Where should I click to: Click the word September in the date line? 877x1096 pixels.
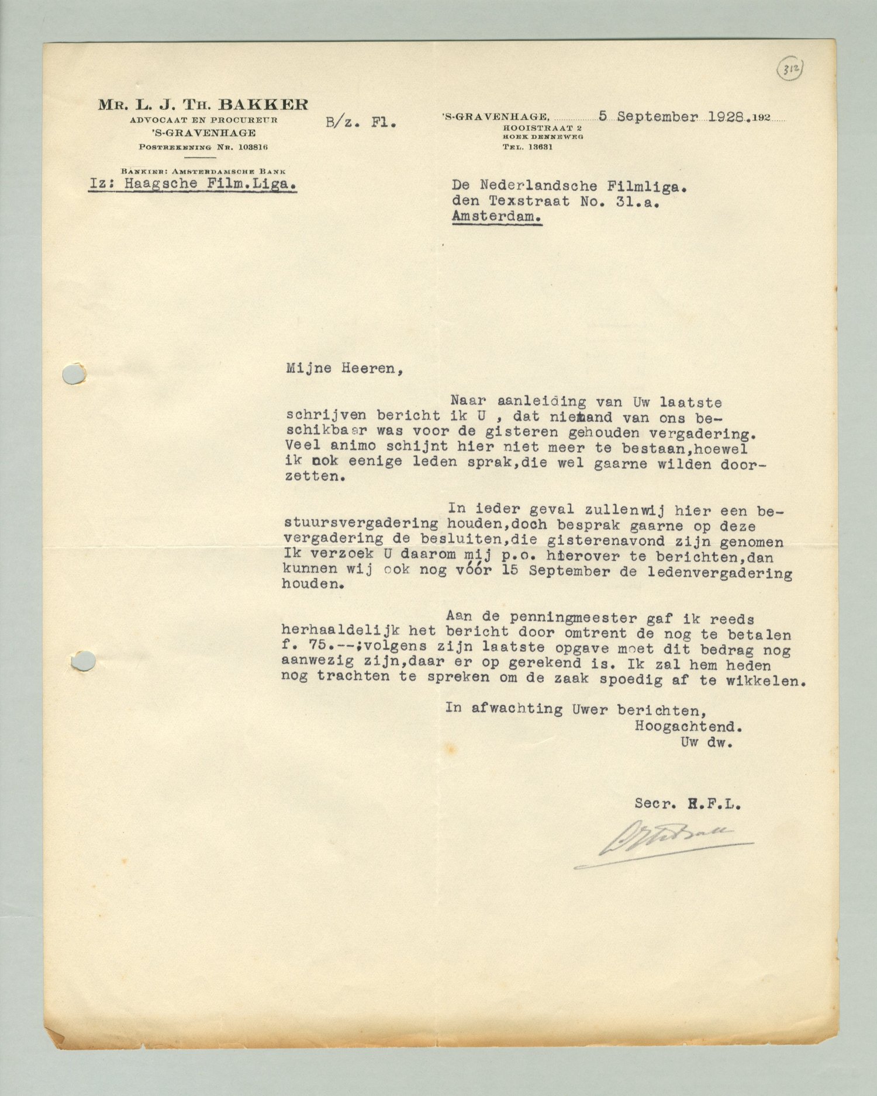tap(657, 116)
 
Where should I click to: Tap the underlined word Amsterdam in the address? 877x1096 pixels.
tap(497, 216)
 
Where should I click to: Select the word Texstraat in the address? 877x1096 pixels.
tap(529, 202)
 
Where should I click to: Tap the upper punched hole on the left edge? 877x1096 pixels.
tap(74, 374)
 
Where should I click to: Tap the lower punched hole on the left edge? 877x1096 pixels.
tap(83, 661)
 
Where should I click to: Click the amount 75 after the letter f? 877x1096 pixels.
tap(316, 647)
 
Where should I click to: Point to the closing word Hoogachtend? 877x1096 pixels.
tap(688, 727)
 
